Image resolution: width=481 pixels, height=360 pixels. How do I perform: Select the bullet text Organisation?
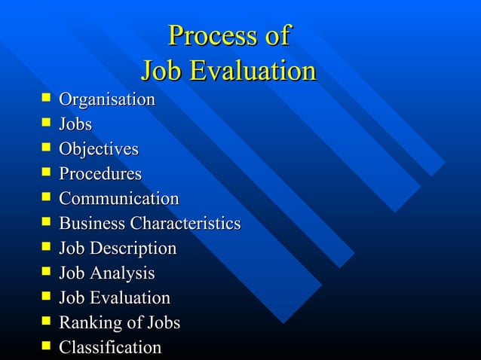pos(107,99)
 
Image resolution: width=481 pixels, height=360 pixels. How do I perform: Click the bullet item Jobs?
pos(75,124)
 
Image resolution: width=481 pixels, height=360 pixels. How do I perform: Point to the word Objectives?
pos(99,149)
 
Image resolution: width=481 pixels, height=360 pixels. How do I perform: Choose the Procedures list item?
pos(100,174)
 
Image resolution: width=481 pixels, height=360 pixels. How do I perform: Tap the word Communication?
pos(119,199)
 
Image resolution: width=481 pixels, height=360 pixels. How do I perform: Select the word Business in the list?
pos(92,224)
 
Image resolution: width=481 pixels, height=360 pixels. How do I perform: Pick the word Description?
pos(133,249)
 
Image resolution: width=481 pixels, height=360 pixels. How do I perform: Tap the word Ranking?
pos(85,323)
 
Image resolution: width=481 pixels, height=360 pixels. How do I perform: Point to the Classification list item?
pos(110,347)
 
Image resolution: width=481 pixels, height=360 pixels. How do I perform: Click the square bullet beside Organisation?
pos(47,98)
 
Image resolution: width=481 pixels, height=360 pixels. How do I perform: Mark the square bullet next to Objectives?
pos(47,148)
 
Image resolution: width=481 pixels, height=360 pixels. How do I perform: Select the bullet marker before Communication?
pos(47,197)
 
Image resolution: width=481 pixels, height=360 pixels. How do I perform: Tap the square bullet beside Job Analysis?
pos(47,272)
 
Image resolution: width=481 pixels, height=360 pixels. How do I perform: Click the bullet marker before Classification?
pos(47,346)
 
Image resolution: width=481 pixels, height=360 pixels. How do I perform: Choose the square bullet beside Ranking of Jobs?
pos(47,322)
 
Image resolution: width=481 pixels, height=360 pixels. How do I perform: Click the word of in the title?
pos(274,35)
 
